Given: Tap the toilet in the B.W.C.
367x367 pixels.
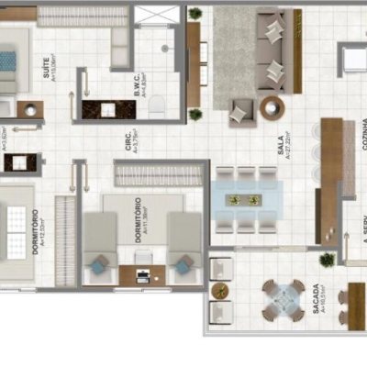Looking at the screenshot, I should pyautogui.click(x=157, y=107).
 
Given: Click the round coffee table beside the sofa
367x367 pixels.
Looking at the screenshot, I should pyautogui.click(x=272, y=108).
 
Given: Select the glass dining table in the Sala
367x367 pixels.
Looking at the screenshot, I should pyautogui.click(x=244, y=199).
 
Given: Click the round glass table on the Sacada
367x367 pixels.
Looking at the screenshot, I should pyautogui.click(x=284, y=297).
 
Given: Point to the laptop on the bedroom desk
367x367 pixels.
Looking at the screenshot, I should pyautogui.click(x=142, y=273).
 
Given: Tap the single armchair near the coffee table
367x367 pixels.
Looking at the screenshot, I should pyautogui.click(x=240, y=112).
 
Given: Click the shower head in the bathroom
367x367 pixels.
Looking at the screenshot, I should pyautogui.click(x=165, y=47).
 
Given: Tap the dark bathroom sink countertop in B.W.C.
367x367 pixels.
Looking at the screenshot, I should pyautogui.click(x=109, y=109).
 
